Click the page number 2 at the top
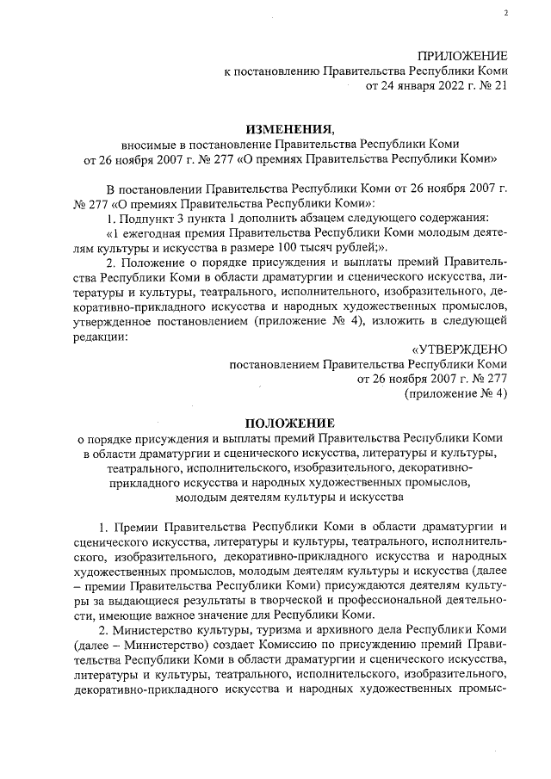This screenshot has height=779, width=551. coord(506,13)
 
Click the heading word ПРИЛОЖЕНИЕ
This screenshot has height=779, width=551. coord(462,55)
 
